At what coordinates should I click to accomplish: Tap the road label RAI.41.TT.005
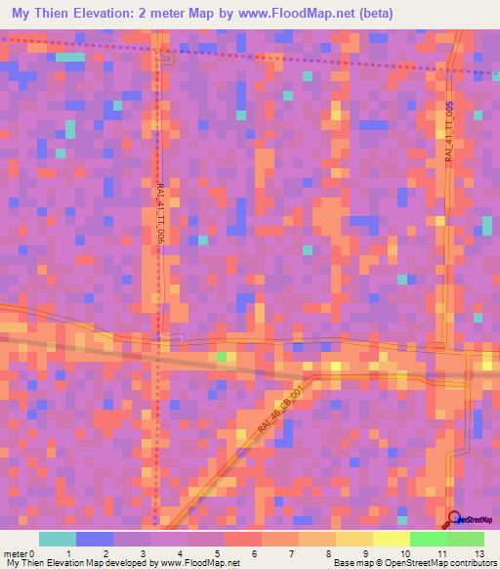tap(450, 133)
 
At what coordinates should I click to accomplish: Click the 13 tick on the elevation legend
tap(479, 552)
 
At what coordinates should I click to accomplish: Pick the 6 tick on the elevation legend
tap(253, 552)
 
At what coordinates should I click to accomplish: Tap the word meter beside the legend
tap(15, 552)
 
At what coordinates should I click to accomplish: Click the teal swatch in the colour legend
tap(58, 539)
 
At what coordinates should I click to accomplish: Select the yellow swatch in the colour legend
tap(392, 539)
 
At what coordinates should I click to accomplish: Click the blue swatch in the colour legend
tap(95, 539)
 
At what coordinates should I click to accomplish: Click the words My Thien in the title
tap(42, 14)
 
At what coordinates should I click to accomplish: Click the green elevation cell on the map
tap(221, 356)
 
